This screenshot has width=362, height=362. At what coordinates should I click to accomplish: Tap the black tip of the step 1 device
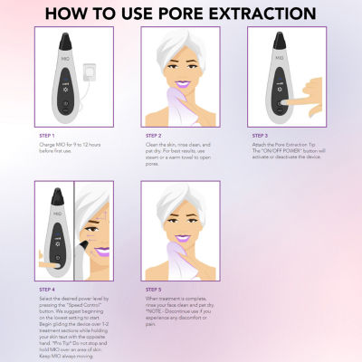point(71,37)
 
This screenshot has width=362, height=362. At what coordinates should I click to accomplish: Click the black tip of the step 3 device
point(277,37)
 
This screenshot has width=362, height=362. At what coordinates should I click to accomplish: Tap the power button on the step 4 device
point(56,257)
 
